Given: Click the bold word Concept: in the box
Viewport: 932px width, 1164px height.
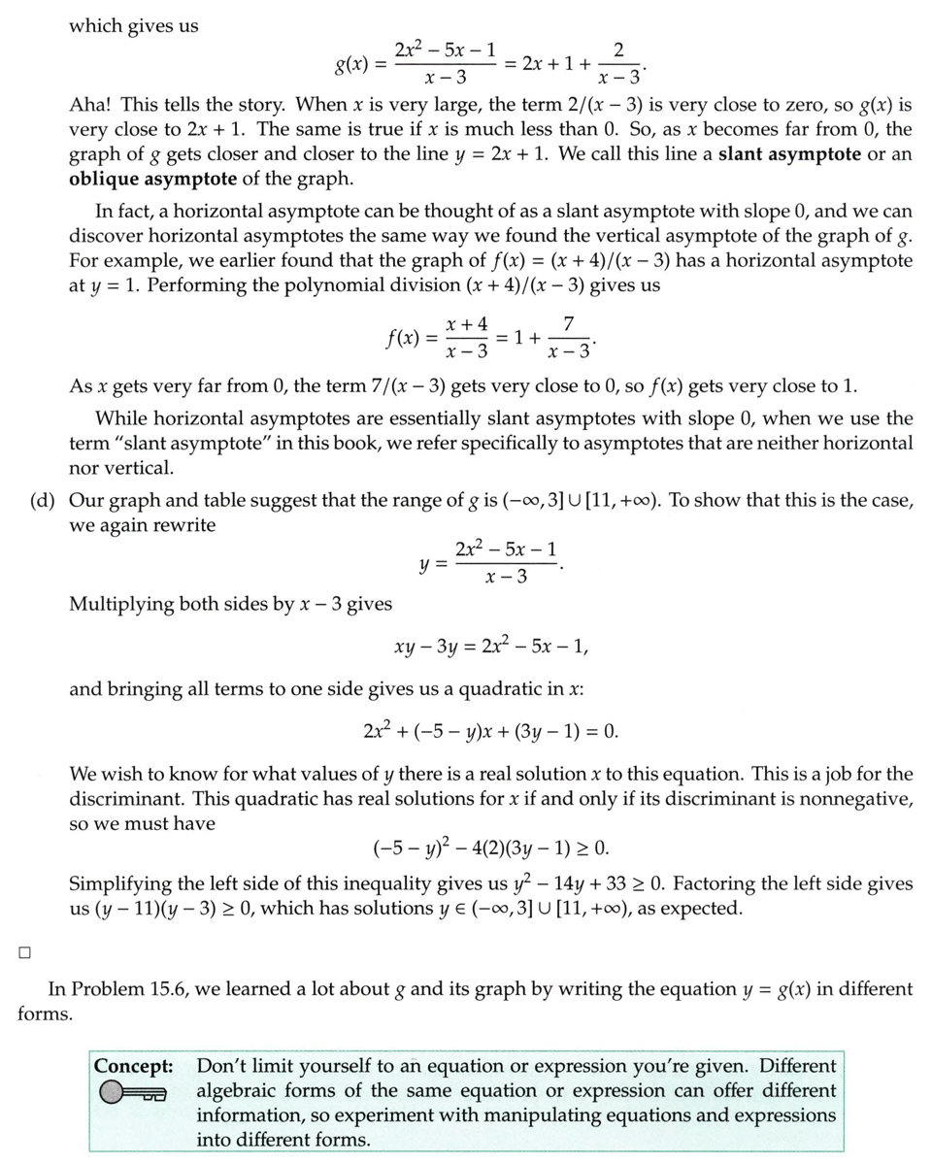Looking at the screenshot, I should (x=134, y=1065).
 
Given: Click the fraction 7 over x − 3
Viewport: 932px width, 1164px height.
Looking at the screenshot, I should (x=568, y=337).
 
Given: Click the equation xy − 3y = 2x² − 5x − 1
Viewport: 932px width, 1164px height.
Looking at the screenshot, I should (x=490, y=647).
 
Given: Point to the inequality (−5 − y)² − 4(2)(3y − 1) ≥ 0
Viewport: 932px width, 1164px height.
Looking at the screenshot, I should (x=490, y=848).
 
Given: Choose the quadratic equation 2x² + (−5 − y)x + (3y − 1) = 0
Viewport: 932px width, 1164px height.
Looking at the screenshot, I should (x=490, y=730).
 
